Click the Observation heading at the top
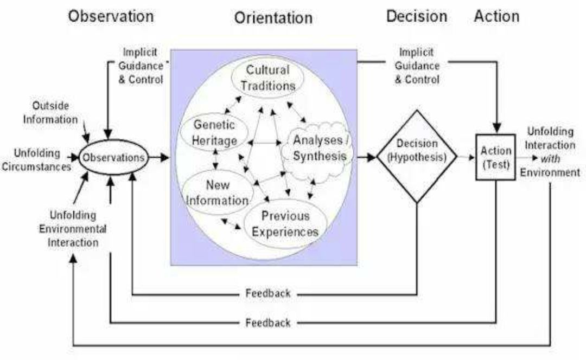coord(111,16)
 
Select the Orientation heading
coord(273,18)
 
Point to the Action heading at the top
coord(496,16)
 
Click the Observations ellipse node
coord(113,158)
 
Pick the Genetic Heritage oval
coord(215,133)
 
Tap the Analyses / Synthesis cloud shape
coord(319,148)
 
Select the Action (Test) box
coord(496,158)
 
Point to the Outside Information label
coord(50,112)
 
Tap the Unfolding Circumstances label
coord(37,159)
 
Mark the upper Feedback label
coord(268,293)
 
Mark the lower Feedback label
coord(268,323)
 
